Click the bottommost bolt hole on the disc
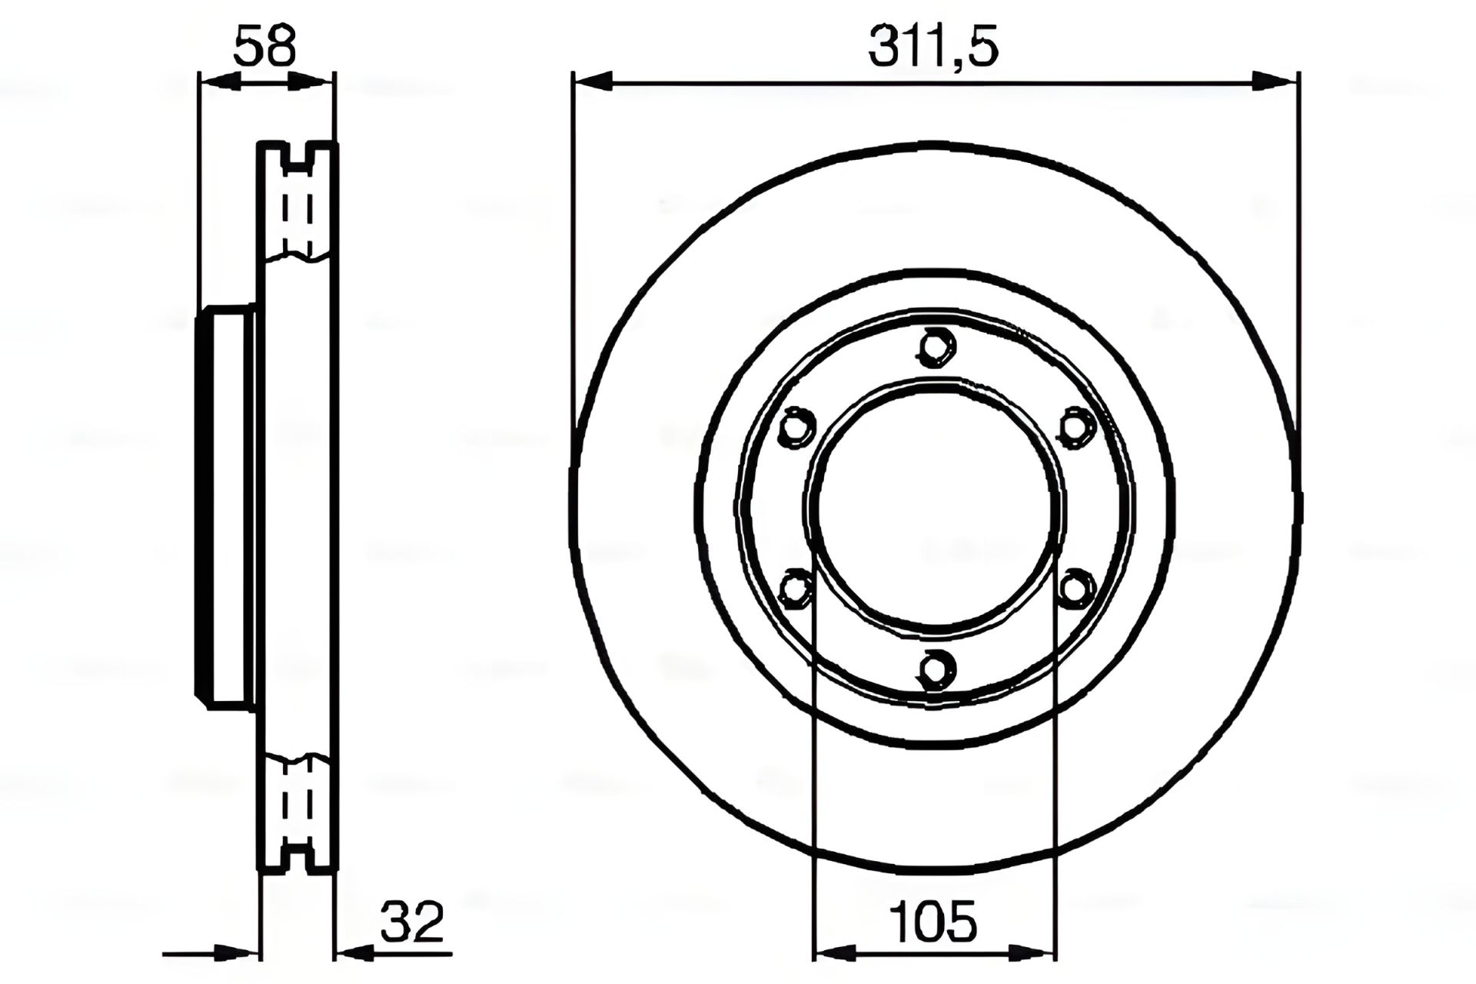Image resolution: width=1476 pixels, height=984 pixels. [x=936, y=667]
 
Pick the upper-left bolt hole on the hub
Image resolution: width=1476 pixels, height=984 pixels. [x=796, y=427]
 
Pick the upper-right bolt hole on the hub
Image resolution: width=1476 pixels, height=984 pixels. [x=1075, y=427]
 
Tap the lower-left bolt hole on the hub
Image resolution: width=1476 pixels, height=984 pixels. [x=796, y=589]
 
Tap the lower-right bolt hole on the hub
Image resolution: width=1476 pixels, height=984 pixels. [x=1075, y=589]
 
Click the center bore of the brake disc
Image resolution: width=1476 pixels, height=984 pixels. [x=935, y=507]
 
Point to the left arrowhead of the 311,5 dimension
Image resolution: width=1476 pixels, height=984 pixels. [x=592, y=80]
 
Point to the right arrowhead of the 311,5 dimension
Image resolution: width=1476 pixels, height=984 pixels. [x=1277, y=80]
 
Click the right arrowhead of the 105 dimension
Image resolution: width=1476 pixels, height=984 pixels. [x=1038, y=954]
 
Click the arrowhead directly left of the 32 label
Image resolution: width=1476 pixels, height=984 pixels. [x=354, y=954]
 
